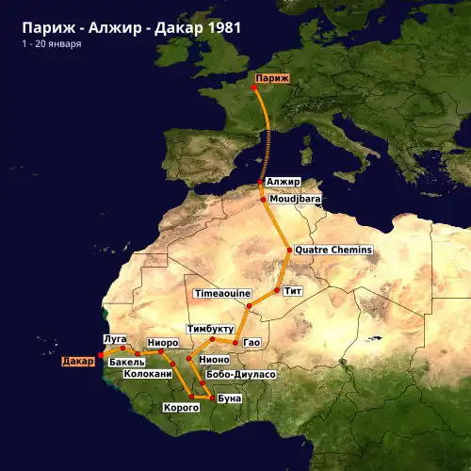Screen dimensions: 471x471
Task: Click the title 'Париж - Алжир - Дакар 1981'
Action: click(131, 27)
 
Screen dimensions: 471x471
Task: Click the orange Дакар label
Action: click(78, 361)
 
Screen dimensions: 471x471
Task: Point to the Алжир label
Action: click(283, 181)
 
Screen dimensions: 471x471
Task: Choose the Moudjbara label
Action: click(295, 200)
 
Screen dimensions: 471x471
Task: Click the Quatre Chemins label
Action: click(333, 250)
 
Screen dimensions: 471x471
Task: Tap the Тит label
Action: click(292, 290)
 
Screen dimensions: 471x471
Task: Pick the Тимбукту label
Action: click(210, 329)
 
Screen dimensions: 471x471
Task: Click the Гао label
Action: click(252, 341)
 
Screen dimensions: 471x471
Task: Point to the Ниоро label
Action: click(161, 341)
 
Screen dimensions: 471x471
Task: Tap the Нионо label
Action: click(215, 360)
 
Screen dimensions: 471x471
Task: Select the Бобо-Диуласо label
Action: click(240, 374)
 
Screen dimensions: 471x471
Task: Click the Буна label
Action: click(230, 398)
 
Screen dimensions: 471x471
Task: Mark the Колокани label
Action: click(149, 374)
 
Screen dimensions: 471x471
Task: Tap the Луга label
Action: click(113, 337)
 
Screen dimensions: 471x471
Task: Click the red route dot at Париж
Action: click(254, 89)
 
